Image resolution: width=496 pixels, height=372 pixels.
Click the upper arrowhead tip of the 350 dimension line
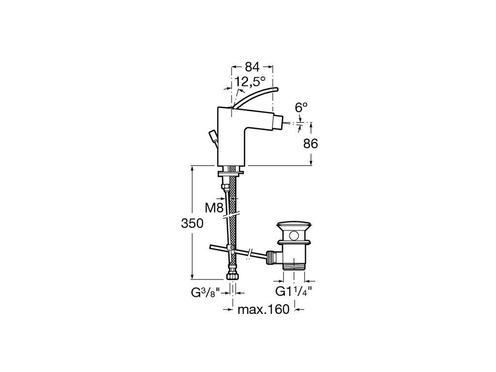point(192,166)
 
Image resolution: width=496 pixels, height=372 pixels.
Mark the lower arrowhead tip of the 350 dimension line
point(192,279)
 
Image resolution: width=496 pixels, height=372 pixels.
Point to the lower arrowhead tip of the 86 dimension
point(311,165)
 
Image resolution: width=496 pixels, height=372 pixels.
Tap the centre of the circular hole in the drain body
point(294,235)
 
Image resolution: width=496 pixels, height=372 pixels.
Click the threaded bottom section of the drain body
point(294,264)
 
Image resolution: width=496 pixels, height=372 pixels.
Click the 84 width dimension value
point(252,67)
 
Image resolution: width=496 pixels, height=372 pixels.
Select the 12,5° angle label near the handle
point(250,81)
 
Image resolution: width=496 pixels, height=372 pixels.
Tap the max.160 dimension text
point(263,310)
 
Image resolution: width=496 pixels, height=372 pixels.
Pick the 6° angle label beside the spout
point(301,108)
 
